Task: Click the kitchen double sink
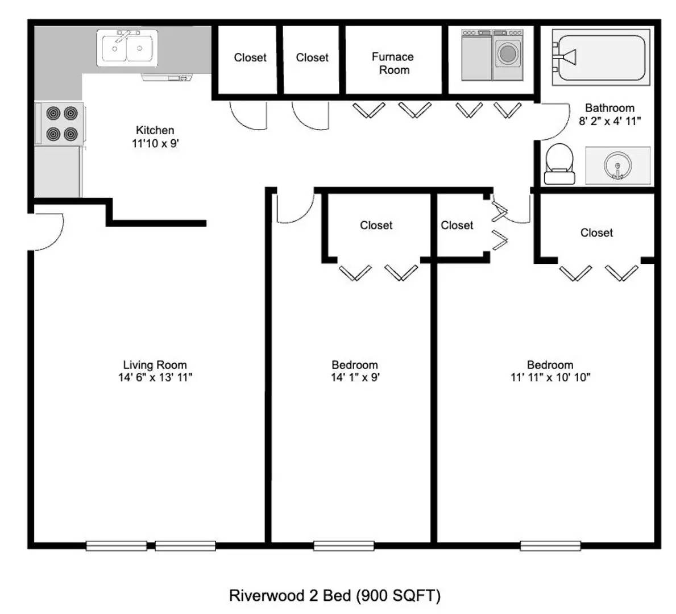[127, 48]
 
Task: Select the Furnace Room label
[393, 63]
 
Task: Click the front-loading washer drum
[508, 54]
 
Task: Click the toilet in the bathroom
[559, 163]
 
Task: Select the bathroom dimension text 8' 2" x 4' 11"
[609, 121]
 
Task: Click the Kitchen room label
[155, 130]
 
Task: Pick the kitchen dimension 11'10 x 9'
[155, 144]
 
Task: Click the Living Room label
[155, 365]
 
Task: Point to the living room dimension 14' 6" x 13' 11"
[155, 377]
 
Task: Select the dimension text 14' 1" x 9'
[355, 377]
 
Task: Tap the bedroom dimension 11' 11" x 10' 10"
[550, 377]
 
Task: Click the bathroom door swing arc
[554, 121]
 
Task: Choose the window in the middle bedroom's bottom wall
[343, 546]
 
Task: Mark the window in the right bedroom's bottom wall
[550, 546]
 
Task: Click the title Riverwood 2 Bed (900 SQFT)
[334, 595]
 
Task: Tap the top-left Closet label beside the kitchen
[250, 57]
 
